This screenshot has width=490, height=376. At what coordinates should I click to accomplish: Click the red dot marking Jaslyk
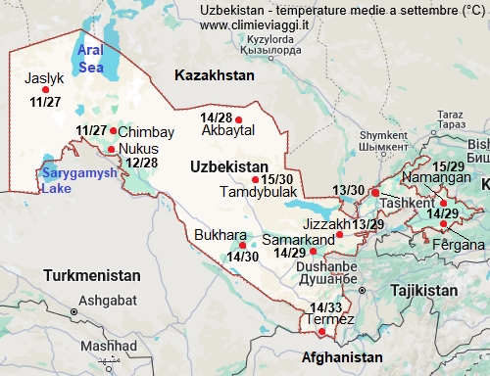(x=45, y=89)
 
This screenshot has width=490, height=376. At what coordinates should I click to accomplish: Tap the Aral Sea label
(x=90, y=59)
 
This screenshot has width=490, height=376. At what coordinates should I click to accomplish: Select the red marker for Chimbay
(x=114, y=130)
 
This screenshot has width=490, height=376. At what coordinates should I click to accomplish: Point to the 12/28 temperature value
(x=142, y=163)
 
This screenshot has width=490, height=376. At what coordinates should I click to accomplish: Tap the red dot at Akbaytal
(x=238, y=120)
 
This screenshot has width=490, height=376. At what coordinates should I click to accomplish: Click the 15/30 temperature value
(x=277, y=179)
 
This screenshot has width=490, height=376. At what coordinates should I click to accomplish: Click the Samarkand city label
(x=300, y=240)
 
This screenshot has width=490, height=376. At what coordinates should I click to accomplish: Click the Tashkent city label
(x=406, y=203)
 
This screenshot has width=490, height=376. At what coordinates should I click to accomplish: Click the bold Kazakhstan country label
(x=213, y=75)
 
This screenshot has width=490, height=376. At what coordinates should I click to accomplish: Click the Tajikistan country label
(x=418, y=291)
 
